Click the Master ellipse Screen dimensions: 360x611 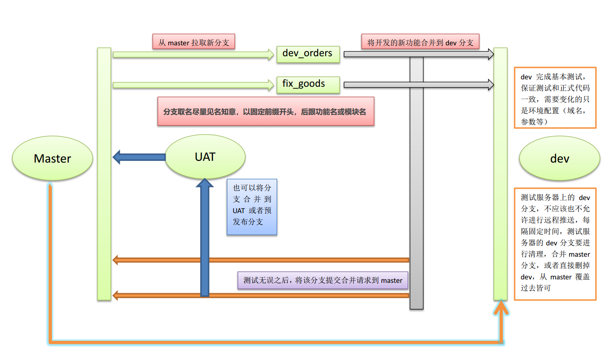(x=52, y=158)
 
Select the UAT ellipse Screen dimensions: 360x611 (x=205, y=156)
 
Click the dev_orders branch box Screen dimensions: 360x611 (x=308, y=54)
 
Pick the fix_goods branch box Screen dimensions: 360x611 (x=308, y=84)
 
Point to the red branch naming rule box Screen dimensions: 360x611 (x=265, y=112)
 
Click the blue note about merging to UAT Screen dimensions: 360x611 (x=251, y=207)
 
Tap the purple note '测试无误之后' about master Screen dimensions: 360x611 (x=322, y=280)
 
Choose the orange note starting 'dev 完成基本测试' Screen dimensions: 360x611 (x=555, y=98)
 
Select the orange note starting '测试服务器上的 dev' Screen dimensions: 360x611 (x=555, y=244)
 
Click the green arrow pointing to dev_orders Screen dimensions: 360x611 (x=192, y=54)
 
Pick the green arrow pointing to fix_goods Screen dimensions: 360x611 (x=192, y=85)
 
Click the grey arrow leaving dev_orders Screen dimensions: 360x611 (x=418, y=54)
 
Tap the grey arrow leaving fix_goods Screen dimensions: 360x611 (x=418, y=85)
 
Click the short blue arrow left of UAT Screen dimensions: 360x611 (x=139, y=157)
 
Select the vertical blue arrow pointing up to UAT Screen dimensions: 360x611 (x=205, y=240)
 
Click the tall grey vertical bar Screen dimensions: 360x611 (x=417, y=183)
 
